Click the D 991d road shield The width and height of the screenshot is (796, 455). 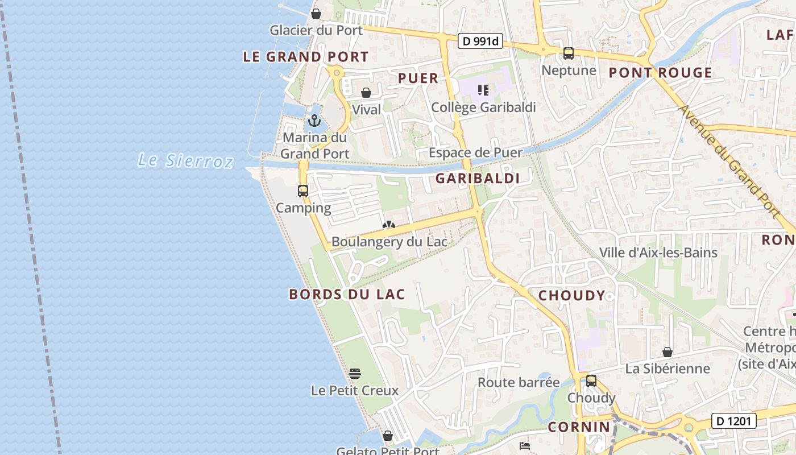(480, 40)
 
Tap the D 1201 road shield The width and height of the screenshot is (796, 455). (733, 421)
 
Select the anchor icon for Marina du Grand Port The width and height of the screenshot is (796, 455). (314, 121)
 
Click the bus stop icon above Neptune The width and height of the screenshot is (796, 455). (568, 54)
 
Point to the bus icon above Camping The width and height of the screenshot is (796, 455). (303, 191)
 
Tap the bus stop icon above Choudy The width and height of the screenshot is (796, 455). (591, 381)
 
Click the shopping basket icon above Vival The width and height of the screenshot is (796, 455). (366, 93)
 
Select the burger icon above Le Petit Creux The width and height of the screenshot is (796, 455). (355, 374)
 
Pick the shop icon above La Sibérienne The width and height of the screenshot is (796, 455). (668, 352)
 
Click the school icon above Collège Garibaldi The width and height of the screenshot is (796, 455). (483, 90)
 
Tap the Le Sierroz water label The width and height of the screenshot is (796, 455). (185, 160)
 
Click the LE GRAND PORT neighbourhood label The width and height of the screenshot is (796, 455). (306, 57)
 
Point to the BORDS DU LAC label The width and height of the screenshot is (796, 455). (347, 294)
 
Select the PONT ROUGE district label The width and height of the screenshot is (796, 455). (660, 73)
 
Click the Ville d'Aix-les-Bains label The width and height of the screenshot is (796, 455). (658, 253)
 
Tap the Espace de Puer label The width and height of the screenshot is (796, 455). (475, 152)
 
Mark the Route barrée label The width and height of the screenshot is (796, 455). (519, 382)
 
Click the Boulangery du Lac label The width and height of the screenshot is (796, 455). (389, 242)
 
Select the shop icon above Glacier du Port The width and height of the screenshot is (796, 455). (316, 14)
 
